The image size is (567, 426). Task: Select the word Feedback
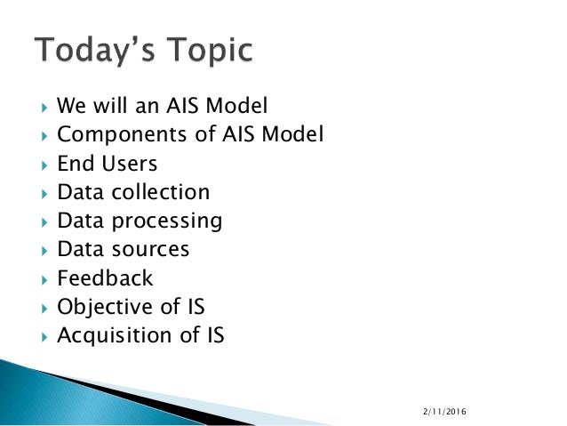(105, 278)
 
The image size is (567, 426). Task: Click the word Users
(130, 164)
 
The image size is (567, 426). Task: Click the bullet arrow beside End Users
(44, 165)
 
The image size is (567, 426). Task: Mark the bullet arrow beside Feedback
(44, 279)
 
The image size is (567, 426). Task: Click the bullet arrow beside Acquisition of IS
(44, 337)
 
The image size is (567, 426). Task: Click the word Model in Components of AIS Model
(295, 135)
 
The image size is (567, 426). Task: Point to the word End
(75, 164)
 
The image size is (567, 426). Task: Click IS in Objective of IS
(193, 308)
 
